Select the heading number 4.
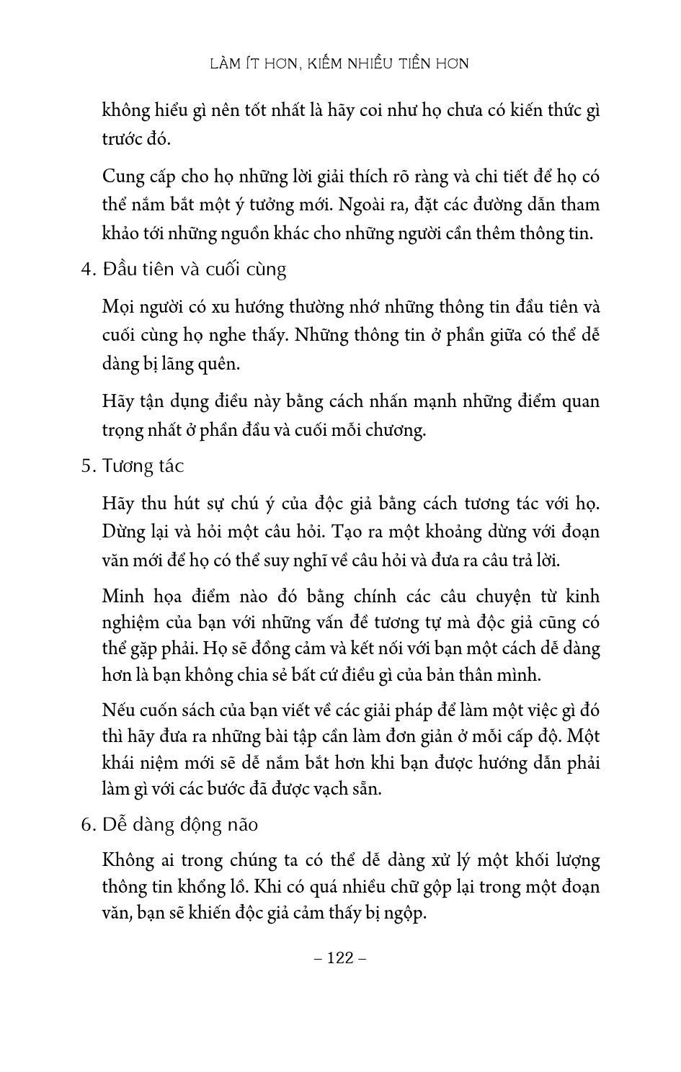87,269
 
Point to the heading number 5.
87,466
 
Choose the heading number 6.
87,825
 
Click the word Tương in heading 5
127,466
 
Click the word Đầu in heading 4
119,269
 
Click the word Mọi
118,308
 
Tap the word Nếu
117,710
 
